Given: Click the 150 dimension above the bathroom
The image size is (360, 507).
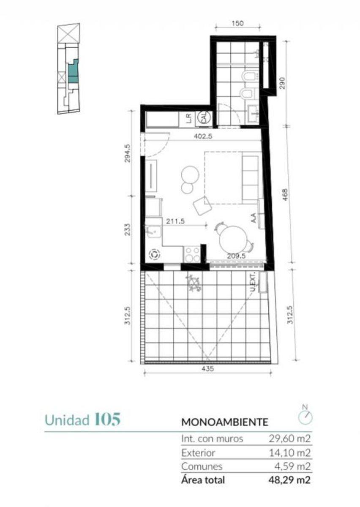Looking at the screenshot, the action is click(237, 23).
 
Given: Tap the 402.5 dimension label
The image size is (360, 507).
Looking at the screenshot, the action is click(203, 136).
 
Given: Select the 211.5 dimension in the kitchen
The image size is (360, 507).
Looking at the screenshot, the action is click(175, 221).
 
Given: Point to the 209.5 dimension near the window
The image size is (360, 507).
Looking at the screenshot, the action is click(236, 256).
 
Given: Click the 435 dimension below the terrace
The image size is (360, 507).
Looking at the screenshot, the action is click(207, 369).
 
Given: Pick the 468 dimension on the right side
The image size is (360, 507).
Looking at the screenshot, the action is click(285, 195).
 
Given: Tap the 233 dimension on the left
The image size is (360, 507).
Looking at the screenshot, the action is click(128, 229).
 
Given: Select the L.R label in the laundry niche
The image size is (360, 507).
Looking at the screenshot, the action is click(189, 118).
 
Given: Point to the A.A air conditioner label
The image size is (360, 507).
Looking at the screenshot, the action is click(254, 218).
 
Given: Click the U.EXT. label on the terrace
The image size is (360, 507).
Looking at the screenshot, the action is click(254, 281).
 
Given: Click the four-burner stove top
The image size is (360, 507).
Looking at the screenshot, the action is click(192, 254).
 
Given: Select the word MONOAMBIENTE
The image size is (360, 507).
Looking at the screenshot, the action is click(225, 422).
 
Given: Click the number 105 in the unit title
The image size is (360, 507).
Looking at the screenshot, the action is click(107, 420).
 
